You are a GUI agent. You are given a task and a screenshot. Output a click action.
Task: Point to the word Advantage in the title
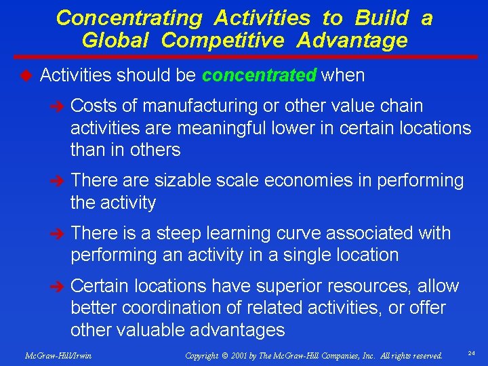point(351,41)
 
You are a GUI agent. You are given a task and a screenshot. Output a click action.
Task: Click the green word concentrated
point(259,75)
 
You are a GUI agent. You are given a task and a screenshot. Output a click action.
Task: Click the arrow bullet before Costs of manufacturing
point(59,106)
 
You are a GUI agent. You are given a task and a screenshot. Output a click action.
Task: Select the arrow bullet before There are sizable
point(59,181)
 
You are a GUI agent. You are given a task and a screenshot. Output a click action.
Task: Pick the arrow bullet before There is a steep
point(59,234)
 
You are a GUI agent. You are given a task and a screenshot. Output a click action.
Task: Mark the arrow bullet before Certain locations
point(59,287)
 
